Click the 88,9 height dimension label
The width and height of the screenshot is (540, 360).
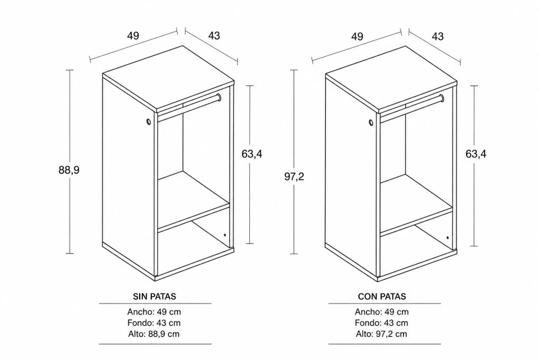pos(69,170)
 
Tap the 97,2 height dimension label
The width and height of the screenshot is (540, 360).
pos(294,177)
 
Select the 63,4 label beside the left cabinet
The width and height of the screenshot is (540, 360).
pos(252,154)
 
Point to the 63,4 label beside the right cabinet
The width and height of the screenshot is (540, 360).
pos(476,154)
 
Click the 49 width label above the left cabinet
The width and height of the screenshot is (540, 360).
pos(133,35)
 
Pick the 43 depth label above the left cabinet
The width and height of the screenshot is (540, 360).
pos(214,35)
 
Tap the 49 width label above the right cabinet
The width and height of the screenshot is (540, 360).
pos(357,36)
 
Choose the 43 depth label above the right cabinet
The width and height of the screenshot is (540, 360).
pos(438,36)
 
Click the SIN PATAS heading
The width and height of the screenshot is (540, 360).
pos(155,296)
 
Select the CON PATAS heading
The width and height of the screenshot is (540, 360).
pos(382,296)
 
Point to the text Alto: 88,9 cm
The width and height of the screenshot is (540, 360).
pos(154,334)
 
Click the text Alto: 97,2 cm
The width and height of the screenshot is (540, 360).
pos(382,334)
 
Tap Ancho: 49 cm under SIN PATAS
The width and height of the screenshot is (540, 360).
pos(154,312)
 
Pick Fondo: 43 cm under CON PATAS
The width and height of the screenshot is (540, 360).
pos(382,323)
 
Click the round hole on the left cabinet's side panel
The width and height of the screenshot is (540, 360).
pos(148,122)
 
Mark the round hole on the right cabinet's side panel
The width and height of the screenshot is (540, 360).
pos(371,122)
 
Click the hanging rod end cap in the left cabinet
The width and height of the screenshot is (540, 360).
pos(218,98)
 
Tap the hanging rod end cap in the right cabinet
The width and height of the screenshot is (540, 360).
pos(441,99)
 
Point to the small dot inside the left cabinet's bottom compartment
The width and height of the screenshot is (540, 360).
pos(225,236)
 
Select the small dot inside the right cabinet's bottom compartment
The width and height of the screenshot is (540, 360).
pos(447,238)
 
